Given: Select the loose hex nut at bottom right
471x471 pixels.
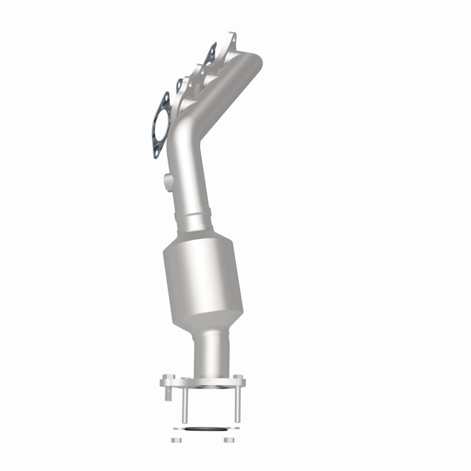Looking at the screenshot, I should click(228, 440).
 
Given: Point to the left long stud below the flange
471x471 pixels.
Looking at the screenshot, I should click(184, 406).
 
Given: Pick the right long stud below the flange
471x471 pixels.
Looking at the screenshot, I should click(238, 406).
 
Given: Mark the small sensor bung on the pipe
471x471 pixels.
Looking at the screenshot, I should click(167, 178).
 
